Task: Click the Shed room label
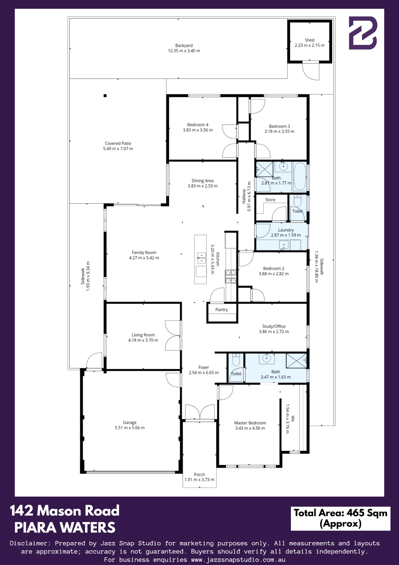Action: click(x=310, y=40)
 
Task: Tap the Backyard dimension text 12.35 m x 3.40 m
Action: click(x=184, y=51)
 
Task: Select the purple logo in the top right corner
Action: click(x=363, y=33)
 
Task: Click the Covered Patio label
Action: click(x=118, y=143)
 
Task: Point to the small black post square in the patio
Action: click(x=105, y=96)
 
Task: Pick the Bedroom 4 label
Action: click(x=198, y=125)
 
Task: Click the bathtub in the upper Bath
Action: click(x=300, y=177)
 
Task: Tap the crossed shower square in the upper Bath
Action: click(x=264, y=169)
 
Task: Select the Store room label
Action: click(x=270, y=200)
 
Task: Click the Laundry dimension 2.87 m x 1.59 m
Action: click(x=286, y=235)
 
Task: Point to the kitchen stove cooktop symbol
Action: click(x=231, y=277)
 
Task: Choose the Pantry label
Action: click(x=222, y=310)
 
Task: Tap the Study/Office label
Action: click(x=274, y=326)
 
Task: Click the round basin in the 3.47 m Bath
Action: click(x=267, y=358)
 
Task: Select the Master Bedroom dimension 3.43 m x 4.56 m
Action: click(x=250, y=428)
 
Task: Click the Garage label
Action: click(x=130, y=423)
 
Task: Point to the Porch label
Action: click(x=199, y=475)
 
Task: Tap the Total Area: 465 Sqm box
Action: click(x=341, y=518)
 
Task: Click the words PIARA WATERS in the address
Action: click(x=65, y=528)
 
